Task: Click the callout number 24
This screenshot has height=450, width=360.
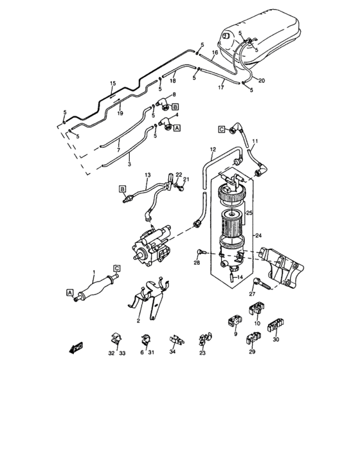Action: [258, 236]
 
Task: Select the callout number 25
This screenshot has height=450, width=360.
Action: [249, 213]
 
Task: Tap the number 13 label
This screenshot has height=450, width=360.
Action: [148, 175]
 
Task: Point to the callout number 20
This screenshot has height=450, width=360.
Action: [262, 80]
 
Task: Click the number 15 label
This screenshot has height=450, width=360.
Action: [113, 83]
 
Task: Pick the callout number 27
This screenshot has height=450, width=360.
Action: [252, 294]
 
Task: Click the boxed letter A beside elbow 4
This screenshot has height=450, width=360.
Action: [177, 128]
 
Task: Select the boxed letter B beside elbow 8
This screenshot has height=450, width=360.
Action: [175, 107]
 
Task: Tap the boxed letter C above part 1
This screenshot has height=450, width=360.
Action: [117, 268]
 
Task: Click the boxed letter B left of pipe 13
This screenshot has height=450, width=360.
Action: [123, 189]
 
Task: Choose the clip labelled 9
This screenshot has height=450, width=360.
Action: [235, 320]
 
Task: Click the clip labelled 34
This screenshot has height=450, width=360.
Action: [176, 340]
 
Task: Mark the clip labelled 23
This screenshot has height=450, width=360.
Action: [205, 339]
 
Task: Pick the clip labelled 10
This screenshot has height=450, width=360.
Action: [256, 308]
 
